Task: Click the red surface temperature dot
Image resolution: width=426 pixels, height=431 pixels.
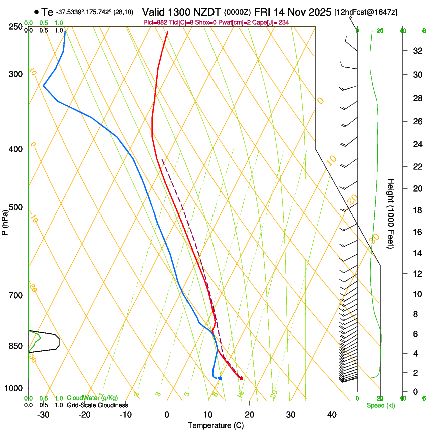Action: pos(241,378)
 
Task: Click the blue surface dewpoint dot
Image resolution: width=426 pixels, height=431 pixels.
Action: pos(220,378)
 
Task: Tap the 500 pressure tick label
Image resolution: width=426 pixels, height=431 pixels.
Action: pos(16,207)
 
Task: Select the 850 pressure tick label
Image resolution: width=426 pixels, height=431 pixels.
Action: pos(16,346)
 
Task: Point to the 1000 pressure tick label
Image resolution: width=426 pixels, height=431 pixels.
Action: pos(14,388)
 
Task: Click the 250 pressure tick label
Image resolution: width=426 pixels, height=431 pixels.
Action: pos(16,27)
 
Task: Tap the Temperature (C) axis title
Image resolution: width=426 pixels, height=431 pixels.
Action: pos(216,425)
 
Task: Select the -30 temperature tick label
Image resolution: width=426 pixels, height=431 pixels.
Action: pos(43,415)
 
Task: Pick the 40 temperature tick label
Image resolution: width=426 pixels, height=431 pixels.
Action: pos(332,415)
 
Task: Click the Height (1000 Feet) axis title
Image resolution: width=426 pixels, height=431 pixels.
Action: pos(391,213)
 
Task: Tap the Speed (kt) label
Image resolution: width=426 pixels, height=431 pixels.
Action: pos(380,405)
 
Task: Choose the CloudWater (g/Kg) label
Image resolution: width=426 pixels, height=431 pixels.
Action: pos(92,398)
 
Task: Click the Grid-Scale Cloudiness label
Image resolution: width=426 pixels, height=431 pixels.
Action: pos(97,405)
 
